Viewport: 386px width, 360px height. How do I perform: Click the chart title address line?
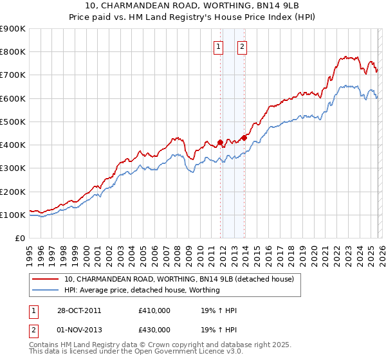[x=192, y=5]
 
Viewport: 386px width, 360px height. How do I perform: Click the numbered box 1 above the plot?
[x=218, y=46]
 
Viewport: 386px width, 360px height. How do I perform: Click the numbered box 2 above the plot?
[x=243, y=46]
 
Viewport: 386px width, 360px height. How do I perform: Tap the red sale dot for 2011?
[x=220, y=142]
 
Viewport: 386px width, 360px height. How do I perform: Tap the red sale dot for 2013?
[x=244, y=138]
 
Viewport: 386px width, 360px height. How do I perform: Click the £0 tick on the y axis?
[x=19, y=238]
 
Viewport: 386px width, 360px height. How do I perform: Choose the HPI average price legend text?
[x=142, y=290]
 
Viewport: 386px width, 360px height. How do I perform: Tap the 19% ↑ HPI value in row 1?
[x=219, y=310]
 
